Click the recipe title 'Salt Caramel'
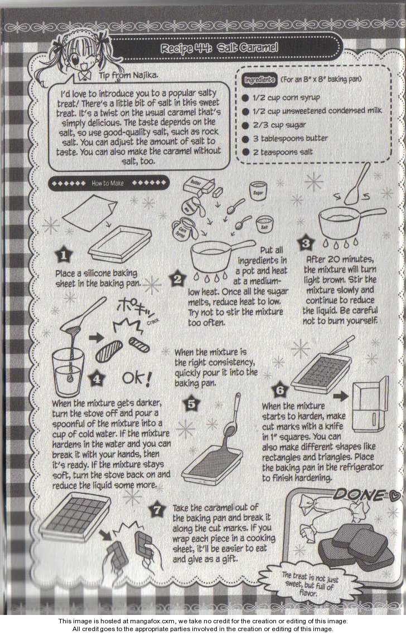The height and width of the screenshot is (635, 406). tap(248, 48)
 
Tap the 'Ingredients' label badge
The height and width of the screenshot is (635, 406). tap(259, 80)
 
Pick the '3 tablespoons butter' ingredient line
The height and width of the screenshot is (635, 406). tap(285, 139)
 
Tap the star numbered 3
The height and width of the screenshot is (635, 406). tap(306, 243)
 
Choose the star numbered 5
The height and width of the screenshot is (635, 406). tap(192, 403)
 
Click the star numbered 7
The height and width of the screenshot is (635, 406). tap(157, 510)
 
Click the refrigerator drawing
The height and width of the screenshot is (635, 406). tap(370, 405)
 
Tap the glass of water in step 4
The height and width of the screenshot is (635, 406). tap(67, 372)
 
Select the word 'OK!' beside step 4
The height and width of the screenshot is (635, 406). tap(137, 379)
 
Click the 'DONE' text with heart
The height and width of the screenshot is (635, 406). tap(366, 495)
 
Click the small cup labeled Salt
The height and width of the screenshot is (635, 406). tap(264, 225)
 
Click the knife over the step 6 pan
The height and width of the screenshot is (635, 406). tap(341, 345)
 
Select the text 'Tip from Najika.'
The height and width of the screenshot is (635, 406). tap(128, 76)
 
